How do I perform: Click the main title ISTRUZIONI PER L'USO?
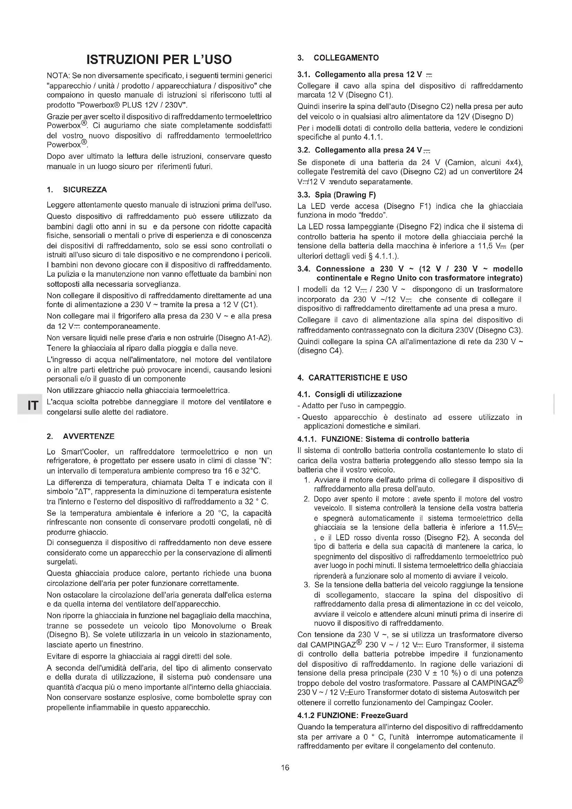[x=159, y=59]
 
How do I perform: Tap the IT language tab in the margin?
[x=33, y=406]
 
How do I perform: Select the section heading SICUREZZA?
[x=84, y=190]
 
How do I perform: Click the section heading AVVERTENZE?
[x=89, y=436]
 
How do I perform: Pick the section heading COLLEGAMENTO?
[x=346, y=58]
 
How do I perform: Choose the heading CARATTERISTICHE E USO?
[x=358, y=378]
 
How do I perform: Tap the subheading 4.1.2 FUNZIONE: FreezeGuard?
[x=352, y=716]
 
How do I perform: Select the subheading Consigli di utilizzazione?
[x=358, y=394]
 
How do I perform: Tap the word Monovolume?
[x=213, y=626]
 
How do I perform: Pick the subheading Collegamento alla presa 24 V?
[x=363, y=150]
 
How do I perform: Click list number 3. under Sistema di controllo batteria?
[x=306, y=585]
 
